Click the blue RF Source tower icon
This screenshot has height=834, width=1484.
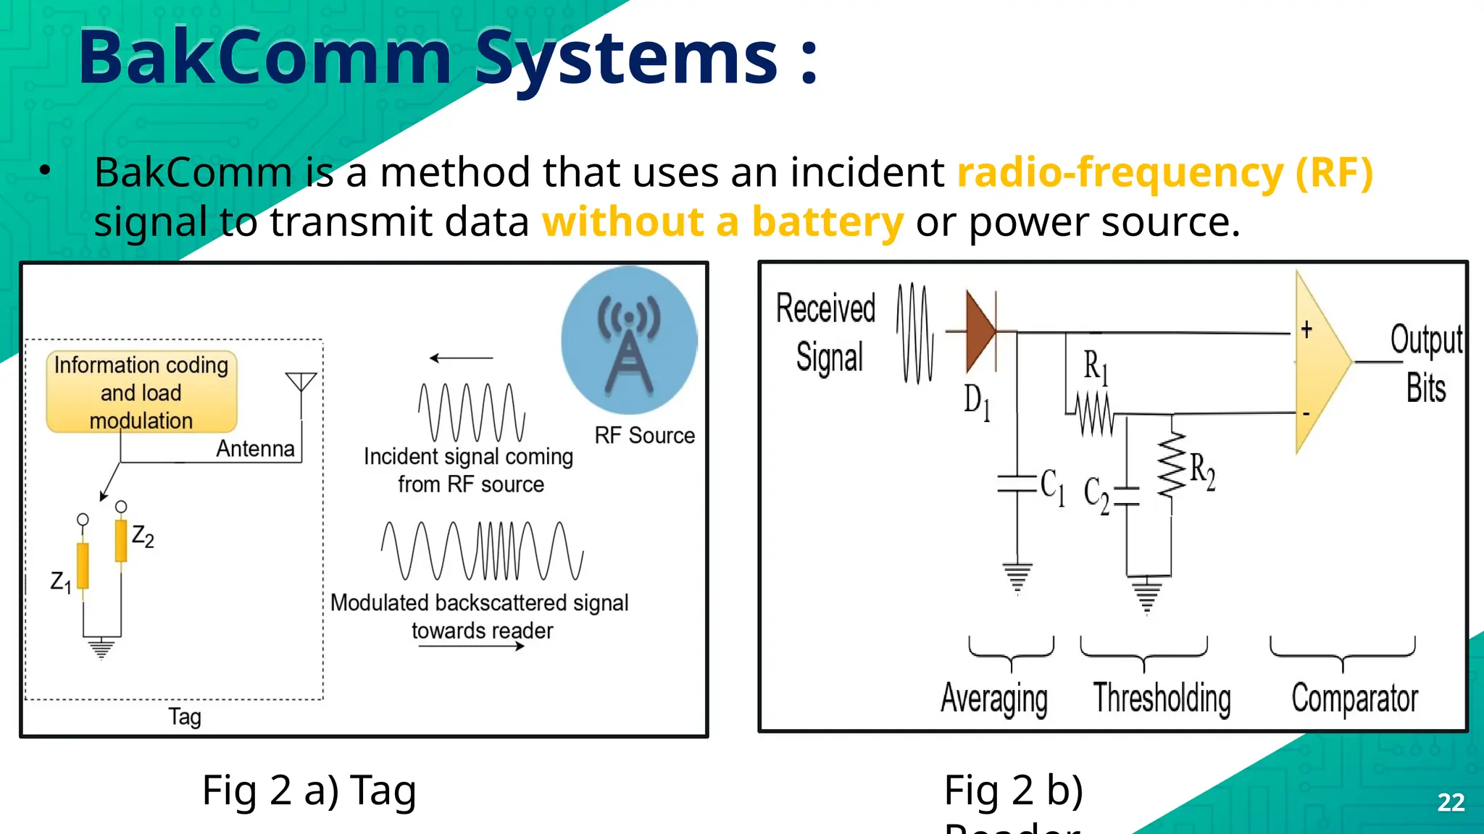(629, 341)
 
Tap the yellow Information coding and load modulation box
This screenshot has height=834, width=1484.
(141, 392)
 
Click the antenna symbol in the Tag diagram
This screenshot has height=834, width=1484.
(301, 383)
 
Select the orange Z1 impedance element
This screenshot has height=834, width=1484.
(83, 565)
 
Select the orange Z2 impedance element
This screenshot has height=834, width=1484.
(121, 541)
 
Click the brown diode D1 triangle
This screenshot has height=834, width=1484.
(980, 332)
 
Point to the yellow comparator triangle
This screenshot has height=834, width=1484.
(1319, 362)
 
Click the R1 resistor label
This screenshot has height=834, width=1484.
(1096, 366)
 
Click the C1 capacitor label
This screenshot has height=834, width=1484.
(1052, 486)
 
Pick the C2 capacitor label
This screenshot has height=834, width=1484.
(1096, 495)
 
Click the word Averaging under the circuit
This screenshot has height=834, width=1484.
(994, 699)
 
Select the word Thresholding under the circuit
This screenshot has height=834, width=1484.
(1162, 699)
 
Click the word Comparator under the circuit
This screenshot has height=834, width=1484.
(1354, 699)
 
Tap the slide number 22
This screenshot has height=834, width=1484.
(1451, 802)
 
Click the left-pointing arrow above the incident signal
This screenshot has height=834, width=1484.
(460, 358)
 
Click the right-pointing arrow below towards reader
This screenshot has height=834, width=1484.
(471, 646)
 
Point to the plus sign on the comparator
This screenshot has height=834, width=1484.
(1306, 330)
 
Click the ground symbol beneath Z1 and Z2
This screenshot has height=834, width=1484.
(101, 648)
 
